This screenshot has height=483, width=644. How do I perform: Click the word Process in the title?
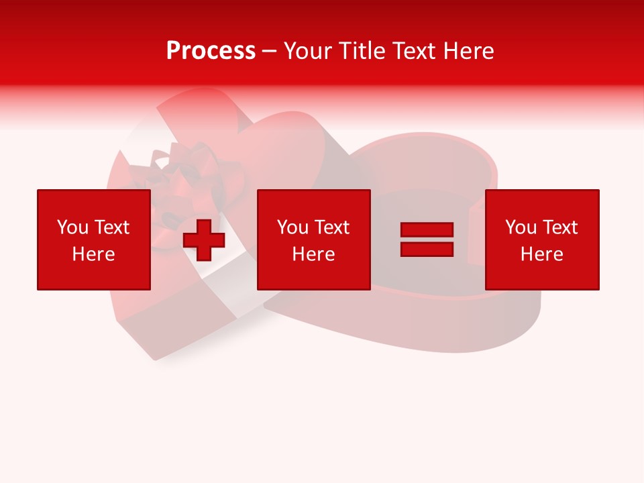(211, 51)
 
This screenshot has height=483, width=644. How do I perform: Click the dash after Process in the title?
(269, 52)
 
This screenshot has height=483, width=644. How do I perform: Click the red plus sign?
(204, 240)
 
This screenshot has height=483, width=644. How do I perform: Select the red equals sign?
(427, 239)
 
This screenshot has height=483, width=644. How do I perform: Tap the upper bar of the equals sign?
(427, 230)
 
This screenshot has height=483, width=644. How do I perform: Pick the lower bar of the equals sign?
(427, 249)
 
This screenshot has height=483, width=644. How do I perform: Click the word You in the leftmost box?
(72, 227)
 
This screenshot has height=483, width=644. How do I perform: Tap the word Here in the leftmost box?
(93, 254)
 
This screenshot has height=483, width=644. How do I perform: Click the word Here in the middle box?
(313, 254)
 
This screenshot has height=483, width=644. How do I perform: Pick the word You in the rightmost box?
(521, 227)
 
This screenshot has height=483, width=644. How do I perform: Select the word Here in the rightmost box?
(541, 254)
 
